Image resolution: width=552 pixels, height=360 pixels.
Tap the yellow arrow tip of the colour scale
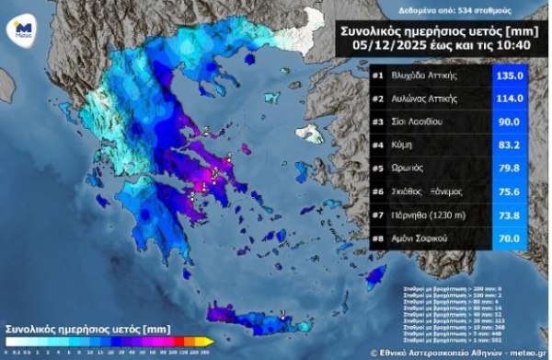[x=211, y=342]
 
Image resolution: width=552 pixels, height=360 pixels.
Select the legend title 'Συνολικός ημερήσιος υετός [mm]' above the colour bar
[x=87, y=327]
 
